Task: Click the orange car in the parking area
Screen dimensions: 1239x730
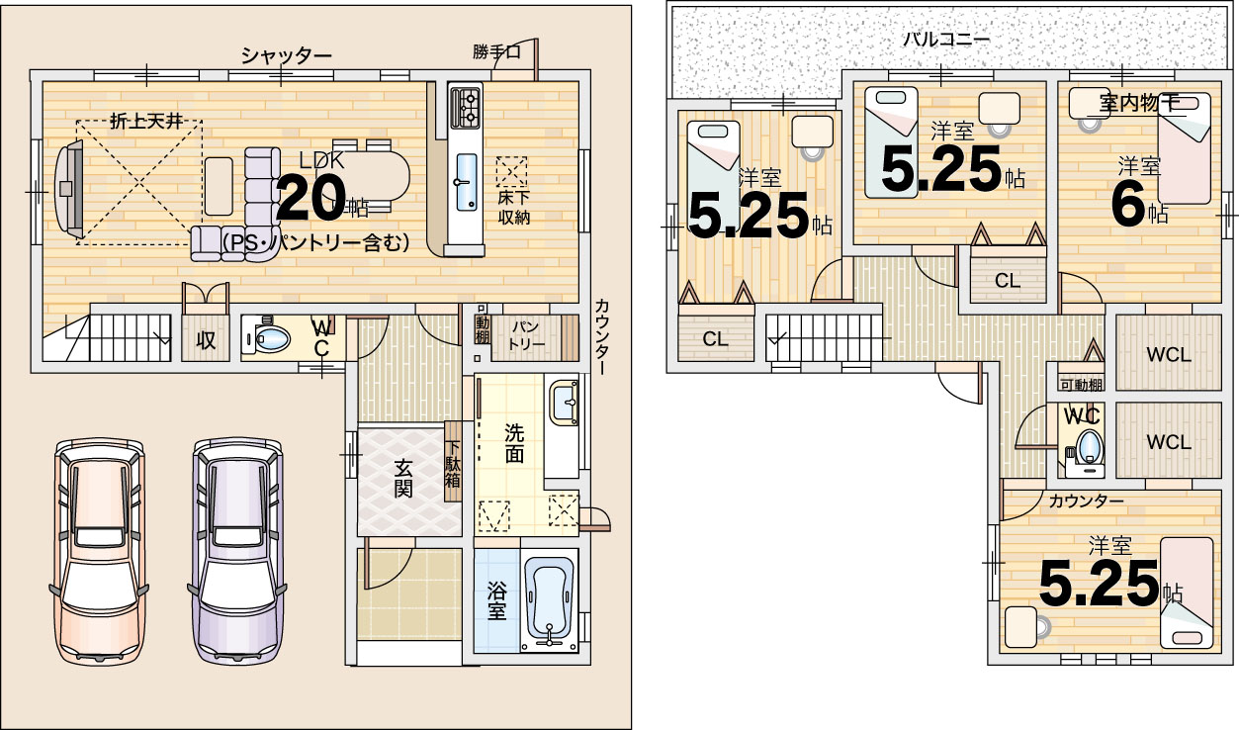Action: point(99,551)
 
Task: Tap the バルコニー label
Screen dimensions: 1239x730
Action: point(946,40)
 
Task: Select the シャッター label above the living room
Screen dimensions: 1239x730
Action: point(287,55)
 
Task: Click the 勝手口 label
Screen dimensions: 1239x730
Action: point(496,52)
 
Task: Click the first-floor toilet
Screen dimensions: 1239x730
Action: point(267,337)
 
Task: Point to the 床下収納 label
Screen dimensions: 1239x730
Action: point(513,208)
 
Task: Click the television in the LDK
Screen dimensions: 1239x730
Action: point(69,189)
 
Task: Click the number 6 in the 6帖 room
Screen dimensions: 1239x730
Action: point(1128,208)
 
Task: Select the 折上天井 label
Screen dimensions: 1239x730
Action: point(146,122)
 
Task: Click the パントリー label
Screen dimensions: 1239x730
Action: point(526,335)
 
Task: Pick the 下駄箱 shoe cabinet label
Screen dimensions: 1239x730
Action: point(453,463)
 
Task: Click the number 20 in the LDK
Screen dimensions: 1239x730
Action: point(311,198)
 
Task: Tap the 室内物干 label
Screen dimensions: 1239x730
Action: point(1139,103)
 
